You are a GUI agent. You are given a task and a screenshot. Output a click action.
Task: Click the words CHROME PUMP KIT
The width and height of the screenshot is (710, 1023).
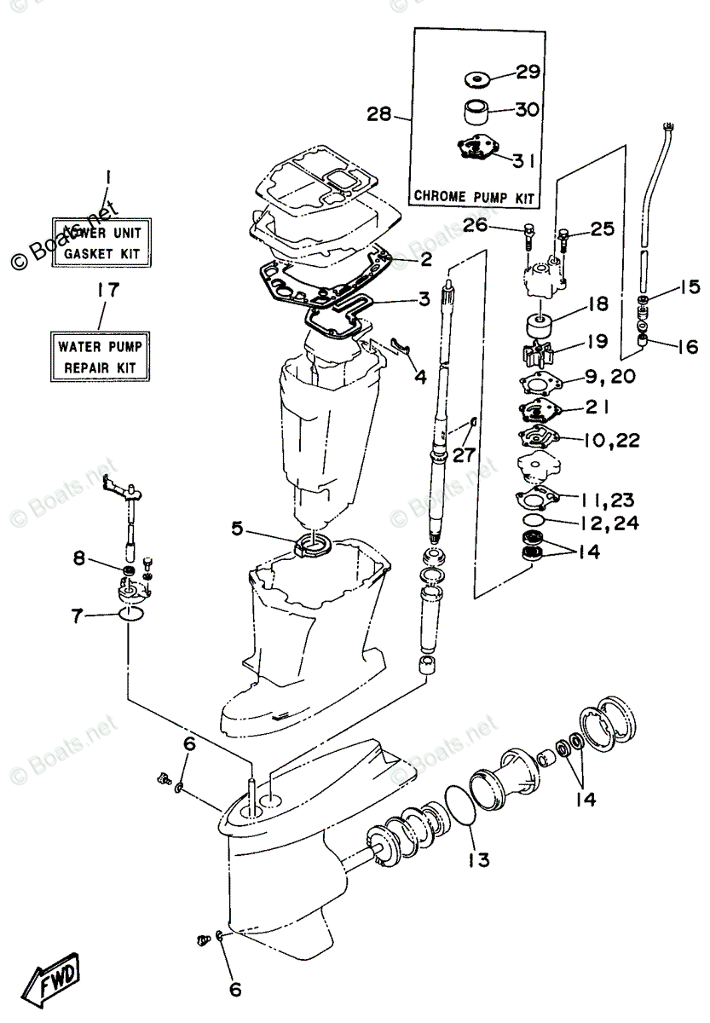click(475, 197)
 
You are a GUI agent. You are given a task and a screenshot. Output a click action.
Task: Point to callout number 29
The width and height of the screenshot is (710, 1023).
click(528, 72)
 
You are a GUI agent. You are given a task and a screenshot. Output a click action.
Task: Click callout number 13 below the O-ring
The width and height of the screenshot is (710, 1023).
click(478, 860)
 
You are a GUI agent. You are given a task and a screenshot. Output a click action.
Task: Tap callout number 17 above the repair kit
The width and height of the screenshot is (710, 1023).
click(107, 291)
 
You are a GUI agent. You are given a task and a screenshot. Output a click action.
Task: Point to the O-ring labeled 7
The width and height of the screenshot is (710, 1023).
click(131, 616)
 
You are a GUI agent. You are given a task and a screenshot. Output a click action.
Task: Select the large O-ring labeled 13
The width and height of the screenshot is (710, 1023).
click(463, 805)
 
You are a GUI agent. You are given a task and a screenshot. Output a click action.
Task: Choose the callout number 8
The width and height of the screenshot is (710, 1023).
click(79, 559)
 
